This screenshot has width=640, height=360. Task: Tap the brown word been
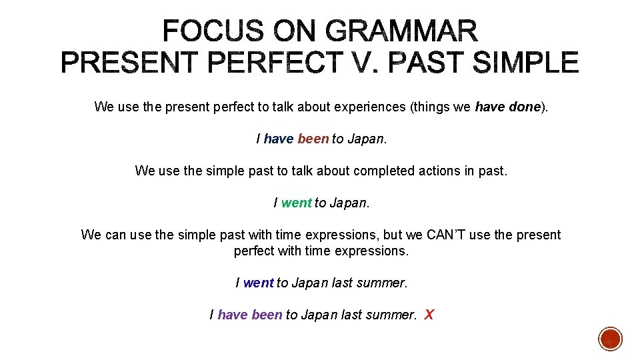[313, 139]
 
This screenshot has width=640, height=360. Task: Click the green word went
[296, 203]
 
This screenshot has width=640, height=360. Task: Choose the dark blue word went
[258, 283]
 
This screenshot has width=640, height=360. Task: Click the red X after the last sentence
[429, 315]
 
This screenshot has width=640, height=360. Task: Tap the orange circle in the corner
[610, 339]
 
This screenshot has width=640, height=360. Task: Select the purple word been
[267, 315]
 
